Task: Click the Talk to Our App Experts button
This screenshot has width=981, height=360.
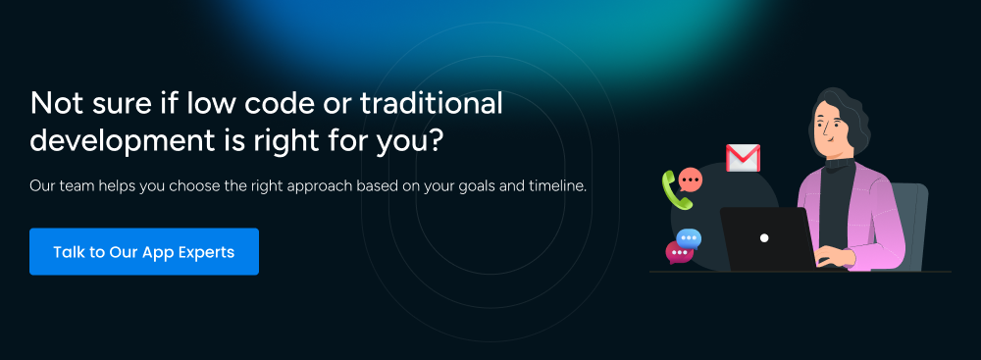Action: [144, 252]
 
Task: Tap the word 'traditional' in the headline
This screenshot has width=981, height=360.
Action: [432, 103]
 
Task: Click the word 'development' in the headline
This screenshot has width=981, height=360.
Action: [122, 141]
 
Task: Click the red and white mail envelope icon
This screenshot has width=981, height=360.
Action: [743, 158]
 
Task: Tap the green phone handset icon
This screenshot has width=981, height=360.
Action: [677, 189]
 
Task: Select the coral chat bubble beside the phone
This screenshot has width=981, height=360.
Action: [690, 180]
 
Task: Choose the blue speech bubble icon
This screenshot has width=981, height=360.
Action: [689, 238]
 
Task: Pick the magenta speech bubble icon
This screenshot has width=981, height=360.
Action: [678, 252]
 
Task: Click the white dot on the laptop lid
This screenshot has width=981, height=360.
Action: [764, 238]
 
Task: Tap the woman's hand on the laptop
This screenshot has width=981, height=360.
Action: [834, 255]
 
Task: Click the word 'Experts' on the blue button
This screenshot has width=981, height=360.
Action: [206, 252]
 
